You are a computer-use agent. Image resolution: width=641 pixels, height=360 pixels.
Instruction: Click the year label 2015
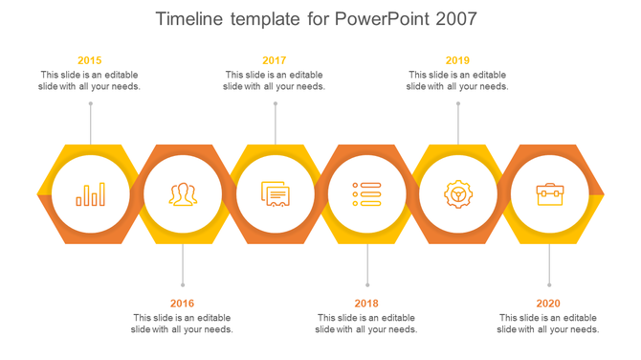point(90,60)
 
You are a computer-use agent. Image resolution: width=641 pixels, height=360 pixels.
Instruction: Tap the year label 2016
point(182,304)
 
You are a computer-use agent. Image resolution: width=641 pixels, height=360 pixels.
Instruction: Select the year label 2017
point(274,60)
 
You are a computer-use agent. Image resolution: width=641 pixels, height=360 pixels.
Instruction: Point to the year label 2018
point(366,304)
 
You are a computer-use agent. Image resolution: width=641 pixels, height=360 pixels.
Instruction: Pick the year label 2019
point(457,60)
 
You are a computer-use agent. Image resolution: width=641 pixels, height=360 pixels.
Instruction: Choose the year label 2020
point(548,304)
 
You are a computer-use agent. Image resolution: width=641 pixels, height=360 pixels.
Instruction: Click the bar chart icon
point(91,195)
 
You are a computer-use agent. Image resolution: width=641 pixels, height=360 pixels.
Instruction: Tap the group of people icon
point(183,195)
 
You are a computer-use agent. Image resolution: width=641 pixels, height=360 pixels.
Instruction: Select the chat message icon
point(276,194)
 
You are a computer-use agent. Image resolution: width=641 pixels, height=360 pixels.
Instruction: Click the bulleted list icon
point(366,194)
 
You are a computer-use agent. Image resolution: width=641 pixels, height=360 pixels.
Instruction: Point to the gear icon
point(458,194)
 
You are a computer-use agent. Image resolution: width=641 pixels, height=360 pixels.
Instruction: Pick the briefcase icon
point(550,194)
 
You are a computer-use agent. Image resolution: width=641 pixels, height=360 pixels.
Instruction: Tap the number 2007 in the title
point(454,19)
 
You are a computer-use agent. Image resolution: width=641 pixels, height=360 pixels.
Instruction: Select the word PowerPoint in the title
point(381,19)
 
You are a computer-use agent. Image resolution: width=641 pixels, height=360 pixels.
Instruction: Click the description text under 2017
point(274,80)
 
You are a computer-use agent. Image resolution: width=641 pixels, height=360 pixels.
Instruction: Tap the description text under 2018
point(366,324)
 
